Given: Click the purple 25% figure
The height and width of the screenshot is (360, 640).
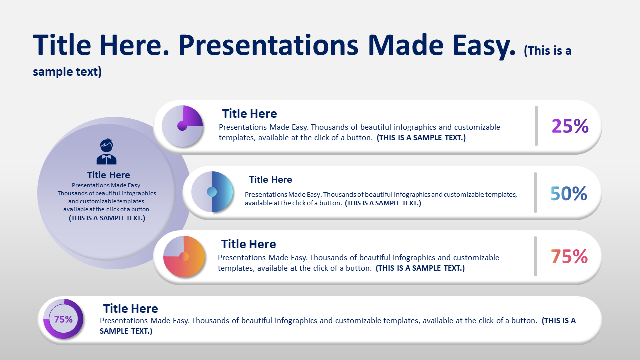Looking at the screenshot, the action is pyautogui.click(x=570, y=126).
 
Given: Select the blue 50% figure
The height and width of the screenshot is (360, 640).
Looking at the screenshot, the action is pyautogui.click(x=569, y=193).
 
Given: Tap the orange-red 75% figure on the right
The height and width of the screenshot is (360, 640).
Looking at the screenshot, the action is pyautogui.click(x=569, y=256).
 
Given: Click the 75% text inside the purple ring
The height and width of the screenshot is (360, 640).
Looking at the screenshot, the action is pyautogui.click(x=63, y=319).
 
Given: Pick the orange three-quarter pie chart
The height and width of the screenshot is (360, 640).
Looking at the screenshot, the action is pyautogui.click(x=184, y=256).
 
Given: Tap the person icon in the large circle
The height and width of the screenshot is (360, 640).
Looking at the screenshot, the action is pyautogui.click(x=107, y=151).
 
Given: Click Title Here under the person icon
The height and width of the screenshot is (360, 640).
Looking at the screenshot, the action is pyautogui.click(x=108, y=175).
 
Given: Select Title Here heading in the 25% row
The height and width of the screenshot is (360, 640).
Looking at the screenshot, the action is pyautogui.click(x=249, y=113).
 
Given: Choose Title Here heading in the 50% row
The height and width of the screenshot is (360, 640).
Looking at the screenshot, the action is pyautogui.click(x=270, y=179).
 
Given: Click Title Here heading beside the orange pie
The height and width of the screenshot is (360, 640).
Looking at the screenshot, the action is pyautogui.click(x=248, y=244).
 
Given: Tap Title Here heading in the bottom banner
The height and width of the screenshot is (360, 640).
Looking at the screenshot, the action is pyautogui.click(x=130, y=309).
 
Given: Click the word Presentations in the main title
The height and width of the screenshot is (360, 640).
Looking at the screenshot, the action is pyautogui.click(x=268, y=45).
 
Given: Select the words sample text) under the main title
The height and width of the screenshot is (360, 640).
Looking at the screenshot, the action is pyautogui.click(x=67, y=72).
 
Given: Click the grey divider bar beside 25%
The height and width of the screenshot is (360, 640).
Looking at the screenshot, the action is pyautogui.click(x=536, y=126).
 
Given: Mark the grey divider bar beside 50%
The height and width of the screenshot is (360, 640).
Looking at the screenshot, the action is pyautogui.click(x=535, y=192).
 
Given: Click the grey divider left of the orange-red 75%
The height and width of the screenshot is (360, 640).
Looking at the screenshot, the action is pyautogui.click(x=535, y=256).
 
